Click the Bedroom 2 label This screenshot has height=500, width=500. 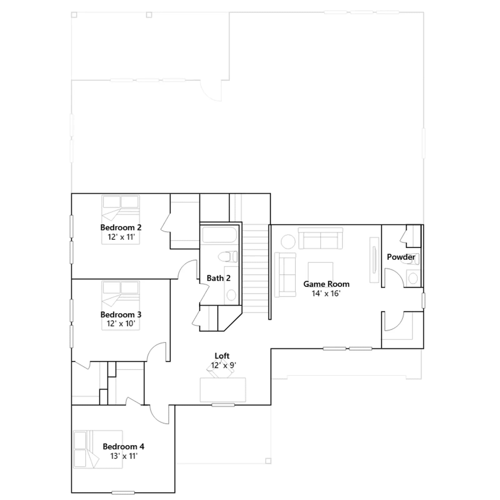tap(121, 227)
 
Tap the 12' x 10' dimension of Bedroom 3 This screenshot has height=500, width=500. tap(121, 324)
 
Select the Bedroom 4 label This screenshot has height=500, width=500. tap(123, 447)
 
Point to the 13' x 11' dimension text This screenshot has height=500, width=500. tap(124, 456)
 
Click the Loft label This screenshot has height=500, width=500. tap(222, 356)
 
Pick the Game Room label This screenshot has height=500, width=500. tap(326, 284)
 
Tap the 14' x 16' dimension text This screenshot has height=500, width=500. tap(326, 293)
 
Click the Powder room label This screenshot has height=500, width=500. tap(401, 257)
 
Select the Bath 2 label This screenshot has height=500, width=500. tap(218, 278)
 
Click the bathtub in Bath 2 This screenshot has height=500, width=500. tap(219, 235)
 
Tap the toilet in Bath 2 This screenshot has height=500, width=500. tap(227, 257)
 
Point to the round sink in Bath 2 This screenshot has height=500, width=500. tap(231, 295)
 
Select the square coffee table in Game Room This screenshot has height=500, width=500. tap(320, 272)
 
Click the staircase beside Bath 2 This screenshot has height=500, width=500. tap(256, 269)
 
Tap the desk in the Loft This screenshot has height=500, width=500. tap(223, 390)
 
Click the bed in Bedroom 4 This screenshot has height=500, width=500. tap(98, 449)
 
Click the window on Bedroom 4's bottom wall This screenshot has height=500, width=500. tap(123, 493)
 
